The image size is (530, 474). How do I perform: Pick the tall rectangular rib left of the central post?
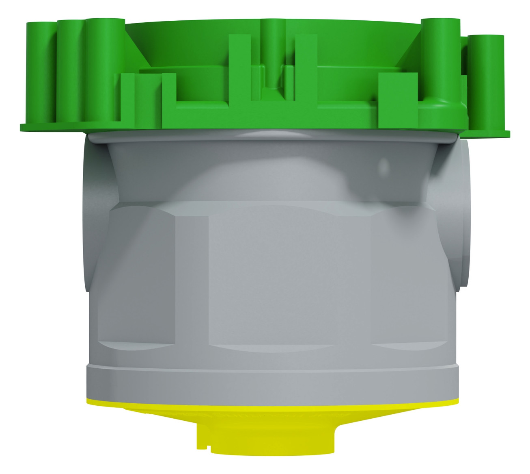(x=240, y=69)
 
